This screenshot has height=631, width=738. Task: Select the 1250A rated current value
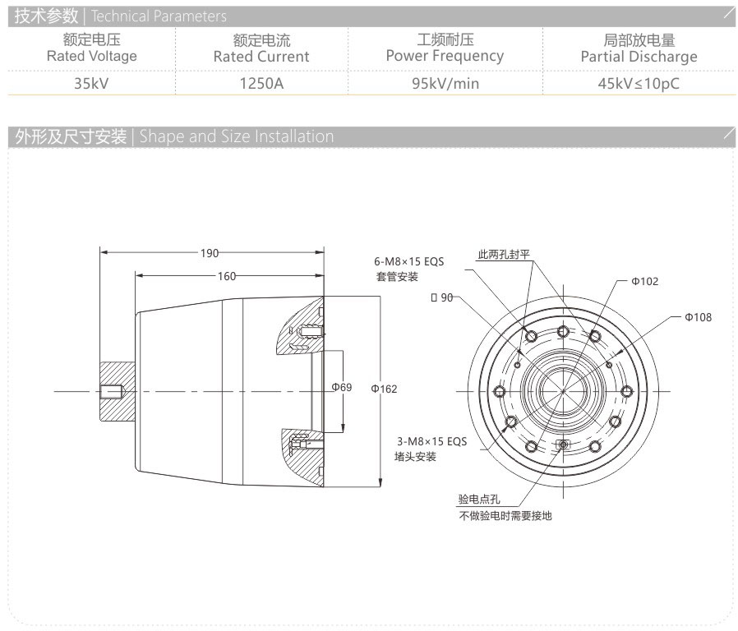(x=261, y=83)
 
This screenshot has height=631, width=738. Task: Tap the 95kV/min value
(x=445, y=83)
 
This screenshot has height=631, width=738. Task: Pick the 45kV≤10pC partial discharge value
(x=639, y=83)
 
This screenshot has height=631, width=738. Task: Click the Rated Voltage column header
(x=91, y=57)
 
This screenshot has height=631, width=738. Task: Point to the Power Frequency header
(x=445, y=56)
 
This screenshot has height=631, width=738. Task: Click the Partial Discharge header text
(x=639, y=57)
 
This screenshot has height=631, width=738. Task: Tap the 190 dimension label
(x=210, y=253)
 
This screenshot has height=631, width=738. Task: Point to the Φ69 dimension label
(x=341, y=387)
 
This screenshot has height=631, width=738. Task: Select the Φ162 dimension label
(x=384, y=389)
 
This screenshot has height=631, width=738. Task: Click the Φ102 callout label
(x=644, y=282)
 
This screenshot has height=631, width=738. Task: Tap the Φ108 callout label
(x=698, y=317)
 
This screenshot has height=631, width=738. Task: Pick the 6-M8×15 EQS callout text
(x=408, y=262)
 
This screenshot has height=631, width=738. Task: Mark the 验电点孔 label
(x=479, y=500)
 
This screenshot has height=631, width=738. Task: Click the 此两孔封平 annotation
(x=505, y=254)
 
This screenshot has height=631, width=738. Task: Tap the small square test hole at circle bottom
(x=563, y=444)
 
